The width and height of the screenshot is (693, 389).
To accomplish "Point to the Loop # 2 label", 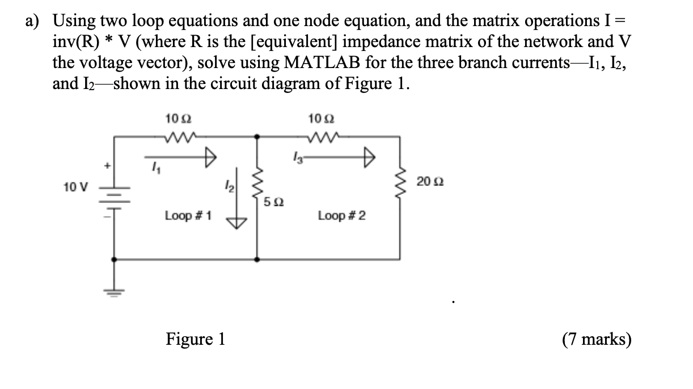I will tap(342, 215).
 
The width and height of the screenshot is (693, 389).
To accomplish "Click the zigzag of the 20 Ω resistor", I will tap(404, 182).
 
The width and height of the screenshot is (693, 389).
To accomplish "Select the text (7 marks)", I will tap(597, 339).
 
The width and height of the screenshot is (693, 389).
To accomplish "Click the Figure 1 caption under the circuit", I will tap(195, 339).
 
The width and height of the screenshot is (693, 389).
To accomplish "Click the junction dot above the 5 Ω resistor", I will tap(257, 136).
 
